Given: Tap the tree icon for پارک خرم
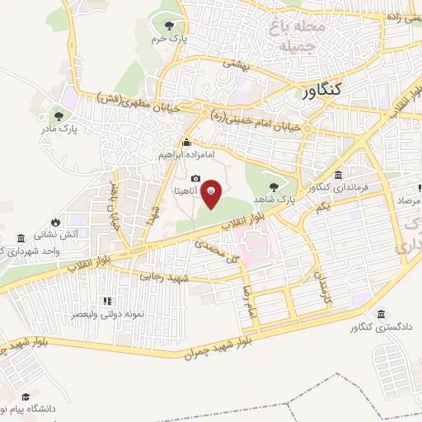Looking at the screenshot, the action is click(170, 26).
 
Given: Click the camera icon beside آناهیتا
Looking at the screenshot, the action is click(195, 179).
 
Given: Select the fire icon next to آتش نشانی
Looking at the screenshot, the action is click(55, 223).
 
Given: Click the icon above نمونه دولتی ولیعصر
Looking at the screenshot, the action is click(105, 301).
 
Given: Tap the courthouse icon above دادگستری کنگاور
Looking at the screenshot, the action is click(381, 314).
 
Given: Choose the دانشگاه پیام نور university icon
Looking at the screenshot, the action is click(27, 396).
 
